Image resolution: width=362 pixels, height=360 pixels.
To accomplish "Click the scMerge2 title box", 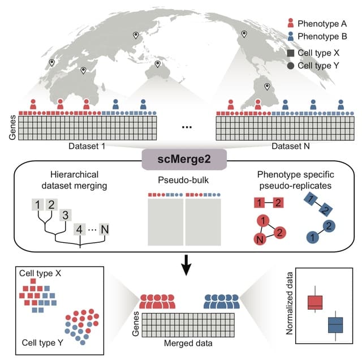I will point(180,160).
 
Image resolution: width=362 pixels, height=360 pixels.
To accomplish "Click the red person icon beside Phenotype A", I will point(290,24).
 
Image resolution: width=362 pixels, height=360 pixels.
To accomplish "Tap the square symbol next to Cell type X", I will point(290,52).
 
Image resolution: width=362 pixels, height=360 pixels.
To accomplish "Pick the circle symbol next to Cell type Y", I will point(290,66).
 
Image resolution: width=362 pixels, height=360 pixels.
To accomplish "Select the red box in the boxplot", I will point(314,302).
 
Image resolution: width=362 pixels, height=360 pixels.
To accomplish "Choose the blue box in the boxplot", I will point(336,324).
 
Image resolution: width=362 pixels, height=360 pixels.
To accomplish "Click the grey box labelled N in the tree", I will point(104,230).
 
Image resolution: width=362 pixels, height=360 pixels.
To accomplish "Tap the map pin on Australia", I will point(157,65).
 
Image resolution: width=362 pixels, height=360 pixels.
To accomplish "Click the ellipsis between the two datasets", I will point(187,128).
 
